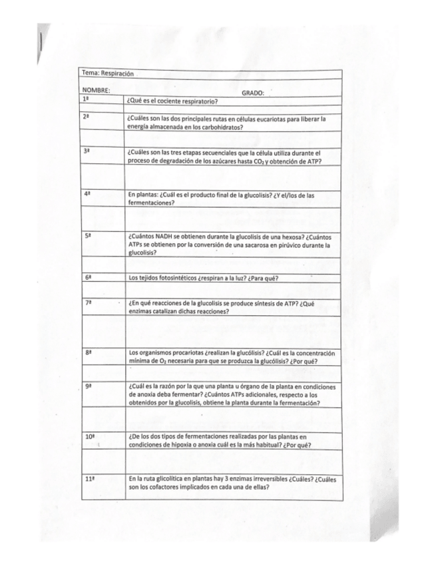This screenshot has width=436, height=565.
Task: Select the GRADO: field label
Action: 253,93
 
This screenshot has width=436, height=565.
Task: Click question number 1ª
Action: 85,99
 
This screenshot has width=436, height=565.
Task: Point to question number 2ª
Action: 86,117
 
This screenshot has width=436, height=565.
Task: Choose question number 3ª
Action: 86,152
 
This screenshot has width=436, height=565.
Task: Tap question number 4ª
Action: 87,193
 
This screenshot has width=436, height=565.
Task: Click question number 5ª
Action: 87,235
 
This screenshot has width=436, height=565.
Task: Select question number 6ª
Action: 88,276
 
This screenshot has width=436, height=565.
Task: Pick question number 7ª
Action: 88,302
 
